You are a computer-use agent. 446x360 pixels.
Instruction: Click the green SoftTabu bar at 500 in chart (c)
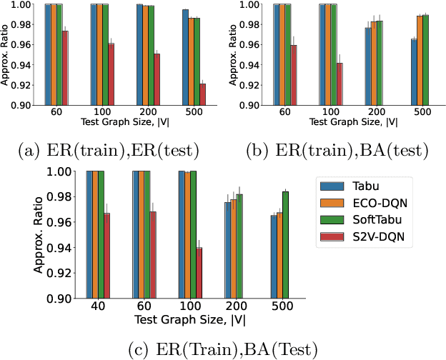(286, 244)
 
